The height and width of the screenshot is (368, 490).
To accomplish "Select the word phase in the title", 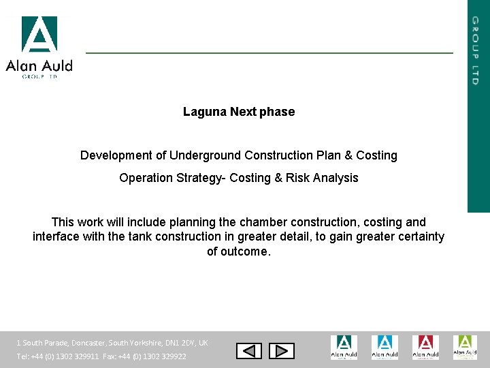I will point(277,112).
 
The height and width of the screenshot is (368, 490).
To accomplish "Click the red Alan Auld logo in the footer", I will point(425,347).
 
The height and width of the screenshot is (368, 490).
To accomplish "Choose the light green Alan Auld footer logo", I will point(465,347).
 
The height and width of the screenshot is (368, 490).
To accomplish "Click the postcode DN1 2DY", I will point(178,343).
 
